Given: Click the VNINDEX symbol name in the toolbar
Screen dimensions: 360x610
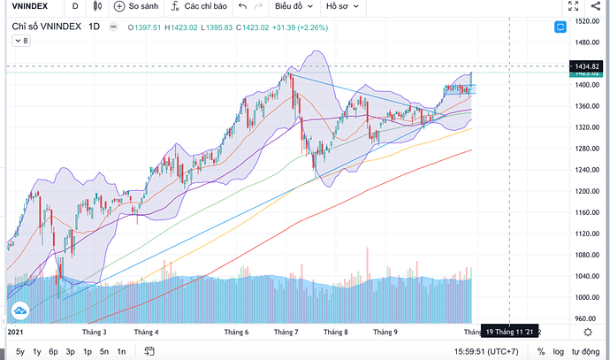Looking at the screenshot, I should tap(27, 7).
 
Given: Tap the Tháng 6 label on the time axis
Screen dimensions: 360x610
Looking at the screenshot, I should tap(240, 333).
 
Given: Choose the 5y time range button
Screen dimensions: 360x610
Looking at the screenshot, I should tap(20, 351).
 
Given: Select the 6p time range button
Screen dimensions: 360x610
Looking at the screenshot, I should tap(54, 351).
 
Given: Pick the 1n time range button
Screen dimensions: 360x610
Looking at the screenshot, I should tap(121, 351).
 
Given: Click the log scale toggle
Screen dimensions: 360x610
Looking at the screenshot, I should tap(559, 351).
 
